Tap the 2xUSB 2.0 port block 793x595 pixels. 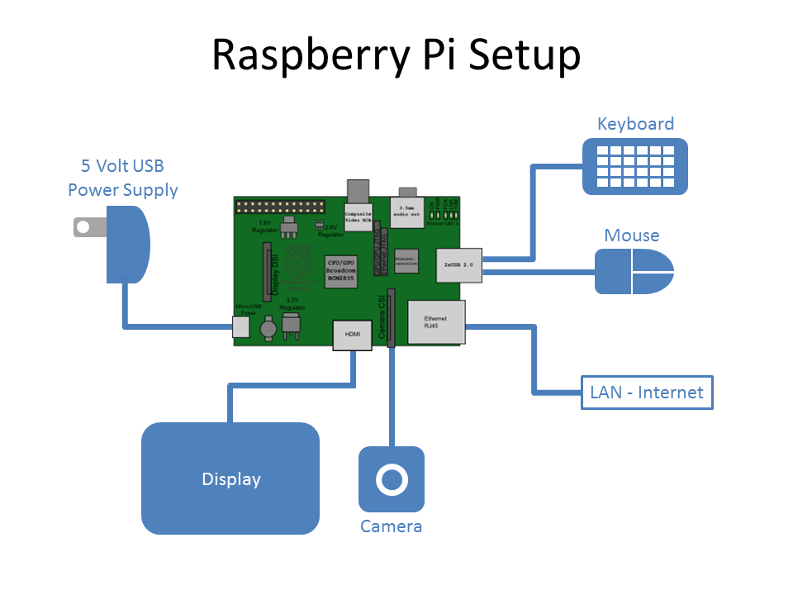(458, 264)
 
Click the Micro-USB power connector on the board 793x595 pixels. (240, 327)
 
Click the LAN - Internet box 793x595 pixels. (647, 393)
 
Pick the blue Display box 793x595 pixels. (230, 478)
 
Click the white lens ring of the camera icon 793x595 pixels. (392, 479)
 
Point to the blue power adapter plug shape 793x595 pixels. (127, 244)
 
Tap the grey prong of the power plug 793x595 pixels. (83, 226)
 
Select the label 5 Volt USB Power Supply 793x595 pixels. (123, 178)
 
